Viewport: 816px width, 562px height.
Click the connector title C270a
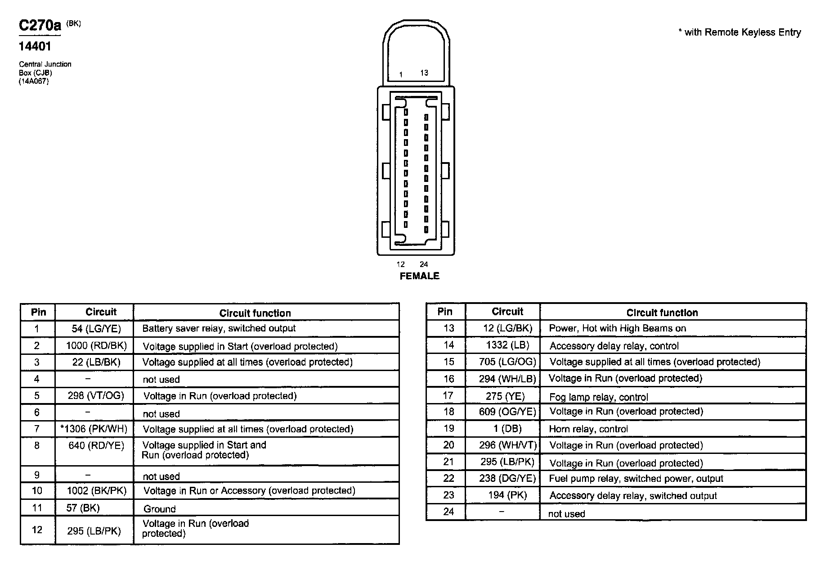pos(40,26)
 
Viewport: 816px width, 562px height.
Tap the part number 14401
pos(35,46)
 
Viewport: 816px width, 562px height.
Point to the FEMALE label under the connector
pos(419,276)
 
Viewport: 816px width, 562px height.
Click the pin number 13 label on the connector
pos(424,73)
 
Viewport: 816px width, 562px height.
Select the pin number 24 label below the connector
pos(424,264)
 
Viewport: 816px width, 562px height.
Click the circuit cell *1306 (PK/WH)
pos(94,429)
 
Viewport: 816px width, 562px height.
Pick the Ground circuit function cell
pos(160,509)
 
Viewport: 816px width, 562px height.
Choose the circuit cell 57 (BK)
pos(83,508)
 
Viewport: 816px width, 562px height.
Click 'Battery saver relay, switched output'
pos(219,328)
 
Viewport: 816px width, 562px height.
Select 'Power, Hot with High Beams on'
pos(617,328)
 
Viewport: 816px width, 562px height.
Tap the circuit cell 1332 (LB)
pos(507,345)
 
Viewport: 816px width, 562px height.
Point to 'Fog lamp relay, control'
pos(599,397)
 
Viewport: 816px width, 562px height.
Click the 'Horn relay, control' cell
pos(588,429)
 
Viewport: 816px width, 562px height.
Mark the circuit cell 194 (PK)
pos(507,495)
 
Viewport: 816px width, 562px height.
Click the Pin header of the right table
pos(445,312)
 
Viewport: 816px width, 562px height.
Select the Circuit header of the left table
pos(101,312)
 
